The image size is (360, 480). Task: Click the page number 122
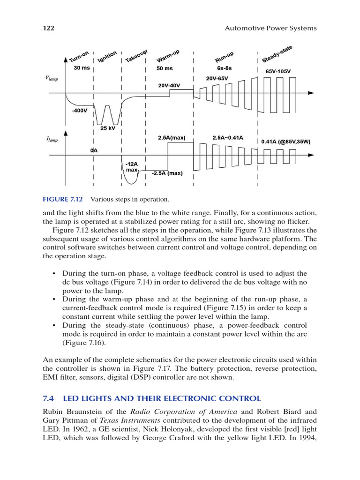point(49,28)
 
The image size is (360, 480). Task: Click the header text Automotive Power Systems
point(270,28)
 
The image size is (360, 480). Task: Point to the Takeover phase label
point(137,55)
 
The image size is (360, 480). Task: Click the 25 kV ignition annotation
point(107,127)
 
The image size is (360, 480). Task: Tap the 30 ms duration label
point(82,68)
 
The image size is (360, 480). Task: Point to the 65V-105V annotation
point(278,72)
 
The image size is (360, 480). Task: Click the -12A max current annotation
point(132,167)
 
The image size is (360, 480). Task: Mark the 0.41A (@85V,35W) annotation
point(285,142)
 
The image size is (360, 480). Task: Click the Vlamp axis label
point(52,79)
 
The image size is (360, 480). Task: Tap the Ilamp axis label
point(52,139)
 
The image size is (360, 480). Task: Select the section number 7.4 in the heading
point(48,398)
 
